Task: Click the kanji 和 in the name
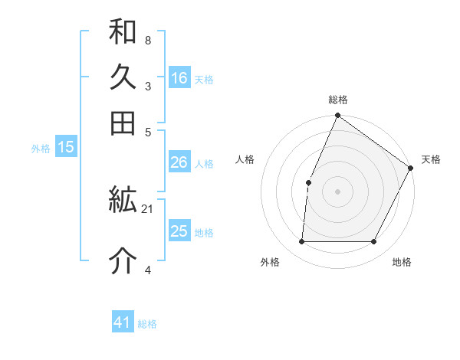point(123,32)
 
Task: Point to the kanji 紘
point(123,201)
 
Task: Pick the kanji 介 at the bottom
point(123,261)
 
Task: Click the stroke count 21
point(148,208)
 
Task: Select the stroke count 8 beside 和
point(147,38)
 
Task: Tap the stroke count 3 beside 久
point(147,86)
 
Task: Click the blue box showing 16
point(179,77)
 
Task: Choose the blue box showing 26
point(179,162)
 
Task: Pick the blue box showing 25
point(179,231)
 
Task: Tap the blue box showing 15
point(66,148)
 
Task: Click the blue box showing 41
point(123,322)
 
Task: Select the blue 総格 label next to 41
point(147,324)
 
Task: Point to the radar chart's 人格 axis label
point(245,159)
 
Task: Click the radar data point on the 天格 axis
point(410,168)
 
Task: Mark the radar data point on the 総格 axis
point(337,116)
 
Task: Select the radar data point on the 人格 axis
point(308,182)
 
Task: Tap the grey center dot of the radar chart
point(337,191)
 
